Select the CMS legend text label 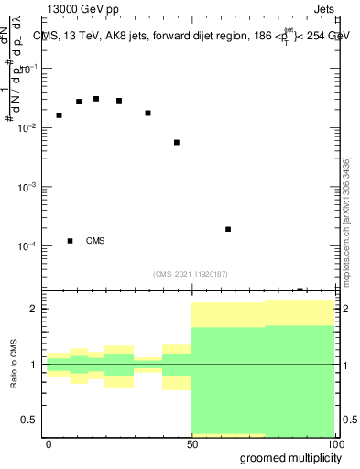pos(95,241)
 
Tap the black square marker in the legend pos(70,241)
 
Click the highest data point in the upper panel pos(96,99)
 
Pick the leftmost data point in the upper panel pos(59,115)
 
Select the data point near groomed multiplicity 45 pos(177,143)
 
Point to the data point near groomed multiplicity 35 pos(147,114)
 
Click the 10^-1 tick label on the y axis pos(30,69)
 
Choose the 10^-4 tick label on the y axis pos(30,246)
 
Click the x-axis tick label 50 pos(191,443)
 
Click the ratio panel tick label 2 pos(32,309)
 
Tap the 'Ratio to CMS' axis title pos(14,365)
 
